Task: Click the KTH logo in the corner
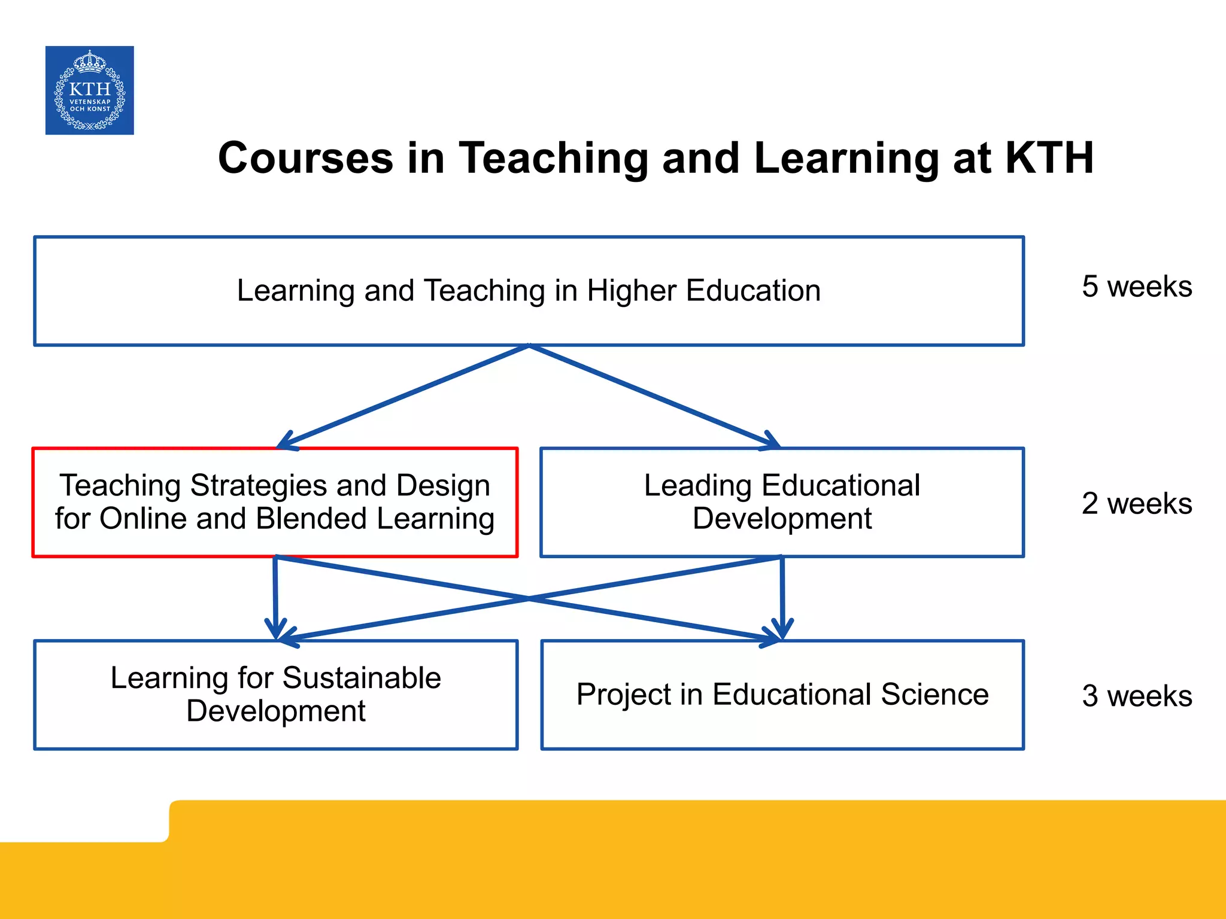90,90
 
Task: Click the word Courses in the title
305,159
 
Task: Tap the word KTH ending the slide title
1049,159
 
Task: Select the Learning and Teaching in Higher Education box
529,291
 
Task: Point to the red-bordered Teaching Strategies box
275,503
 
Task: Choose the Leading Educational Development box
782,503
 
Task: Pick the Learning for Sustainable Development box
276,695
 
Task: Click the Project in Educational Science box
782,695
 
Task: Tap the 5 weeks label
1136,287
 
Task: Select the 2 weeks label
1136,503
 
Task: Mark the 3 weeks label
1136,696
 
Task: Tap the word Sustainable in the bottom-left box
362,678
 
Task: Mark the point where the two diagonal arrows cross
529,598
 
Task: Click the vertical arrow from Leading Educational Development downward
782,598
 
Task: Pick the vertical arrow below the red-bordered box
275,598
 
